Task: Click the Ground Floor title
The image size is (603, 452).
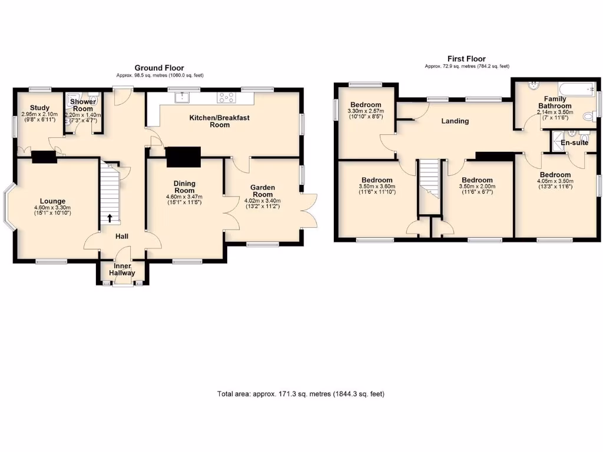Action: pyautogui.click(x=159, y=68)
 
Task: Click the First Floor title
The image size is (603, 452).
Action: pyautogui.click(x=466, y=58)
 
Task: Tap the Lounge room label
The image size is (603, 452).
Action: pyautogui.click(x=53, y=201)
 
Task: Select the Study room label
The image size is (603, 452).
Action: pyautogui.click(x=39, y=107)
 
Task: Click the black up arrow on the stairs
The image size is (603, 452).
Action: pyautogui.click(x=110, y=218)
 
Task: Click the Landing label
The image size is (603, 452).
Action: pyautogui.click(x=455, y=121)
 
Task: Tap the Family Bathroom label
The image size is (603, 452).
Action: pyautogui.click(x=554, y=102)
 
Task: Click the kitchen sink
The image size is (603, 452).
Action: pyautogui.click(x=181, y=97)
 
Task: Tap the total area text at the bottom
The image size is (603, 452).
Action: pyautogui.click(x=301, y=394)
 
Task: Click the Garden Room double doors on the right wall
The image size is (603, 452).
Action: pyautogui.click(x=309, y=210)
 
